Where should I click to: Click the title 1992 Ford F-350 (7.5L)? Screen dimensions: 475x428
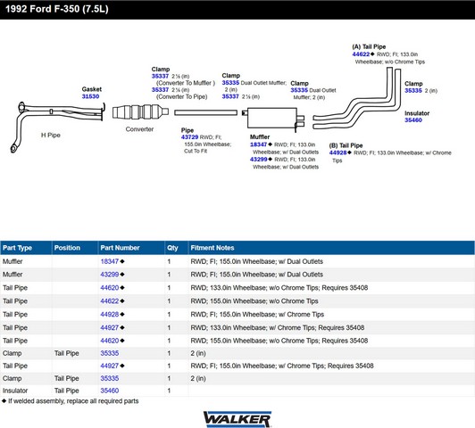pyautogui.click(x=56, y=9)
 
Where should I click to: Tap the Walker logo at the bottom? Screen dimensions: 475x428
pyautogui.click(x=237, y=419)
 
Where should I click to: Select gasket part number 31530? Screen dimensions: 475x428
pyautogui.click(x=90, y=96)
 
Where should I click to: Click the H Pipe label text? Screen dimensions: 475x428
pyautogui.click(x=51, y=135)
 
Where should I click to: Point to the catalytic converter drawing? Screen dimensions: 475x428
pyautogui.click(x=140, y=112)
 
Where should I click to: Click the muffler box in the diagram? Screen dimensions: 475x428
pyautogui.click(x=272, y=118)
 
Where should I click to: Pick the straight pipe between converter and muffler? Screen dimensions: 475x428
pyautogui.click(x=205, y=112)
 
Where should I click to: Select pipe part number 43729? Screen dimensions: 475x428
pyautogui.click(x=189, y=137)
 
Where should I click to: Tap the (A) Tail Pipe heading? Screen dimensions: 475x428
pyautogui.click(x=369, y=46)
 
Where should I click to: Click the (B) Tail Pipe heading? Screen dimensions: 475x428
pyautogui.click(x=346, y=145)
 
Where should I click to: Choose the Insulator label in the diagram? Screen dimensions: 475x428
pyautogui.click(x=417, y=113)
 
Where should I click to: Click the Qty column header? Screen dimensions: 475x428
pyautogui.click(x=172, y=248)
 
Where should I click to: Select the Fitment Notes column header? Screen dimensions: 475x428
pyautogui.click(x=212, y=248)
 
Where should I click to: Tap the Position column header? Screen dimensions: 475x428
pyautogui.click(x=67, y=248)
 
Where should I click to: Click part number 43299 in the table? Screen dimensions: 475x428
pyautogui.click(x=110, y=275)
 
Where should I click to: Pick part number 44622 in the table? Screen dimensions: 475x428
pyautogui.click(x=110, y=301)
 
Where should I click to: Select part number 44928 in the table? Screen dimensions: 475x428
pyautogui.click(x=110, y=314)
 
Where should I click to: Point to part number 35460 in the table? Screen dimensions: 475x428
pyautogui.click(x=110, y=391)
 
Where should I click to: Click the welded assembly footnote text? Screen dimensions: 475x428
pyautogui.click(x=73, y=401)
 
